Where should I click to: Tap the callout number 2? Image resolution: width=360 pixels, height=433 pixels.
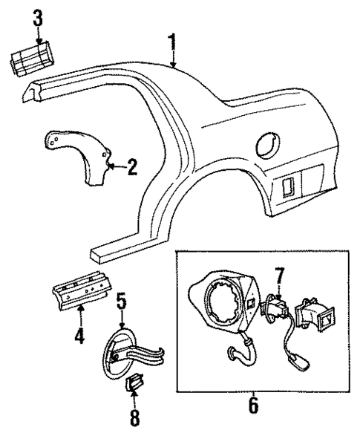coord(131,166)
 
